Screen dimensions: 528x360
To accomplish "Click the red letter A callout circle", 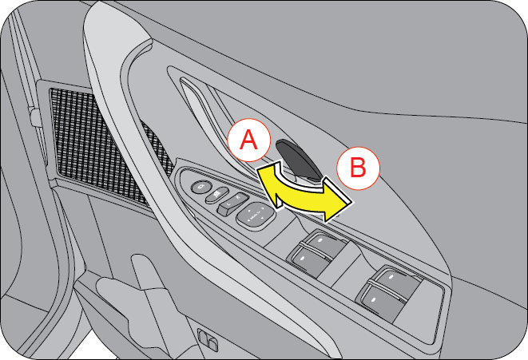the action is point(249,140).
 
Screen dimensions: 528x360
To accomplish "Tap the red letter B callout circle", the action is point(359,168).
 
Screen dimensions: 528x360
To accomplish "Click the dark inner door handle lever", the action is point(298,160).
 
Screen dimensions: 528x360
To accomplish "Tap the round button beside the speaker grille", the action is point(201,187).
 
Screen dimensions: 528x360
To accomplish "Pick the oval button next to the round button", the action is point(216,195).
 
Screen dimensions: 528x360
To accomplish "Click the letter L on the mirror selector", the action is point(228,204).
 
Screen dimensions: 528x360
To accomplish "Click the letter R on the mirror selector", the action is point(238,199).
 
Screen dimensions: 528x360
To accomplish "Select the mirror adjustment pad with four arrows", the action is point(256,216).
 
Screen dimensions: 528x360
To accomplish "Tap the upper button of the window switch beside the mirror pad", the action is point(322,241).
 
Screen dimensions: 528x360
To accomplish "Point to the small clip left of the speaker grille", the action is point(34,117).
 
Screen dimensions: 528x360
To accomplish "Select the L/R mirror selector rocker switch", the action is point(232,204).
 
